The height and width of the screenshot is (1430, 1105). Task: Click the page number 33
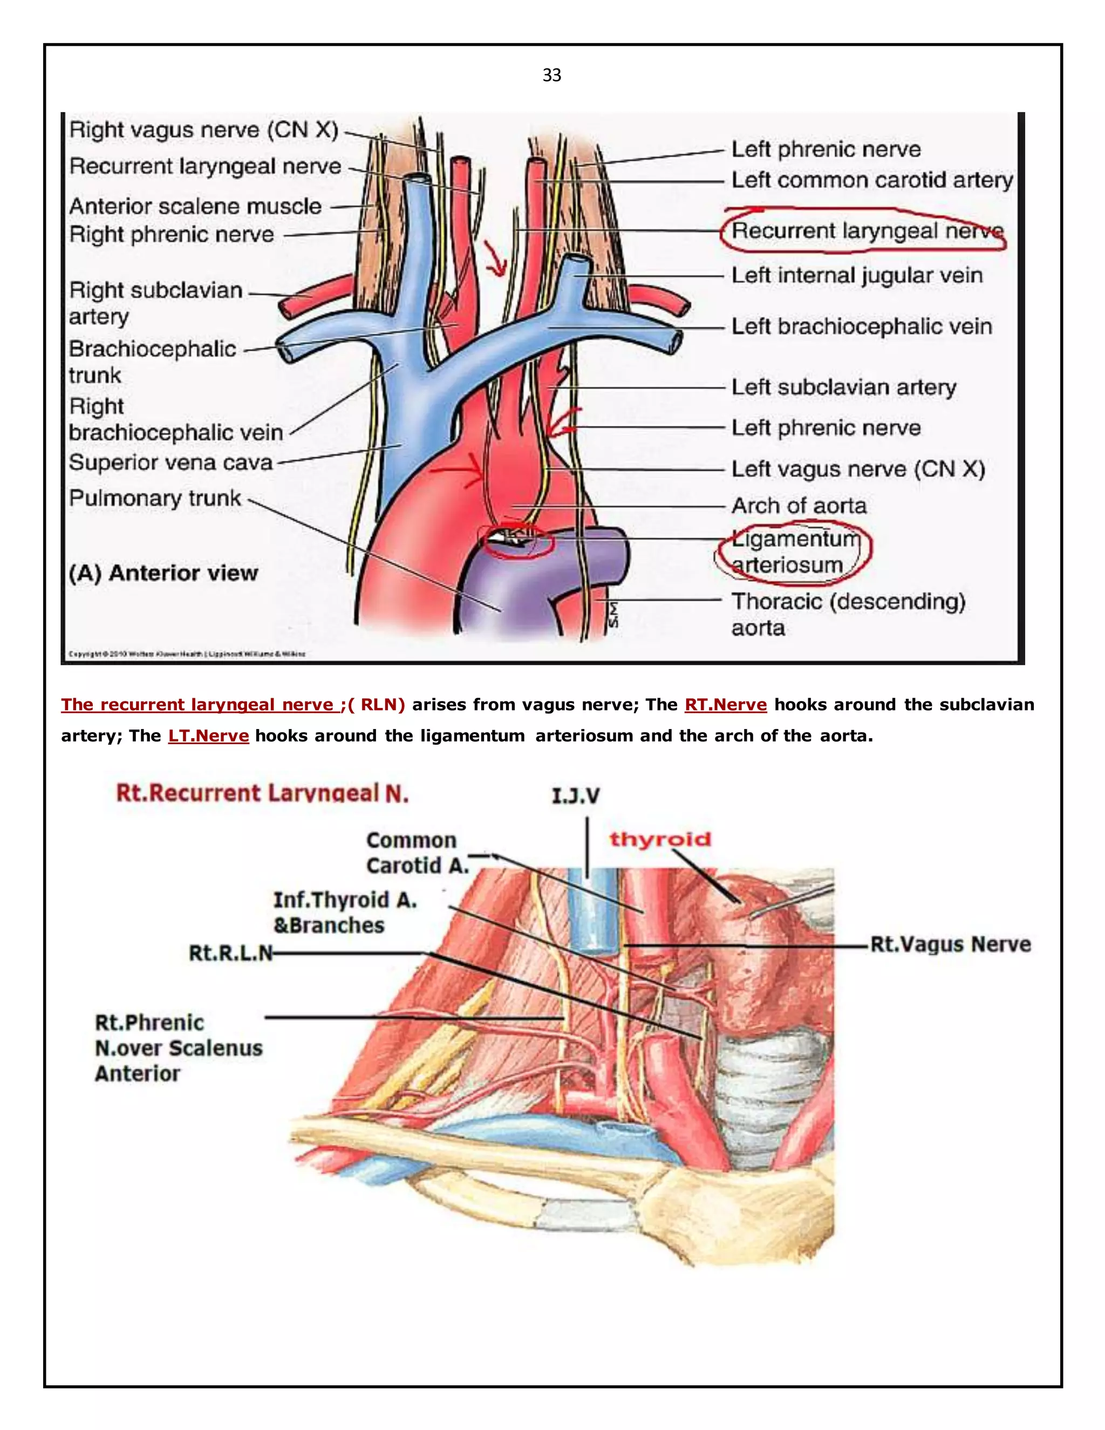pos(552,76)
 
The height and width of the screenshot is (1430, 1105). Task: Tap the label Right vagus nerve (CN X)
pos(203,130)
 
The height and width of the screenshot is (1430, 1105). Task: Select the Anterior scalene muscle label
pos(195,206)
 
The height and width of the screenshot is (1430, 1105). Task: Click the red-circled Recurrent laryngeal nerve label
pos(867,230)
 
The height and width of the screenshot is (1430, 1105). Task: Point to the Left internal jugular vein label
pos(856,275)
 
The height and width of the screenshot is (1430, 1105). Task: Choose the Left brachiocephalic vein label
pos(861,326)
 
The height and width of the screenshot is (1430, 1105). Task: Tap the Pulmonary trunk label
pos(155,498)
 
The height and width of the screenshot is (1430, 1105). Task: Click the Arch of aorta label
pos(799,506)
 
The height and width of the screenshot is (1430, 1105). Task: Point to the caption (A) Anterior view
pos(163,573)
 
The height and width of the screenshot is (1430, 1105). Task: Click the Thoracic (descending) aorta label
pos(848,614)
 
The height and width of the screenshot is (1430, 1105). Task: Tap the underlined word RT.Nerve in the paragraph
pos(725,705)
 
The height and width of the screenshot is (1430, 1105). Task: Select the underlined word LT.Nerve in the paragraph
pos(208,736)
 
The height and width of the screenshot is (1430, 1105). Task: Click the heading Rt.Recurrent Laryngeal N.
pos(262,794)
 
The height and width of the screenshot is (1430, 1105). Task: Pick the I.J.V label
pos(575,796)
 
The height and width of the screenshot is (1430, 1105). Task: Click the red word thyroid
pos(660,840)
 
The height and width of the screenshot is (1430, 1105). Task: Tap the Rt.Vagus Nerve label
pos(950,944)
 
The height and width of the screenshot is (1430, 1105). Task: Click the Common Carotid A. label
pos(417,853)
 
